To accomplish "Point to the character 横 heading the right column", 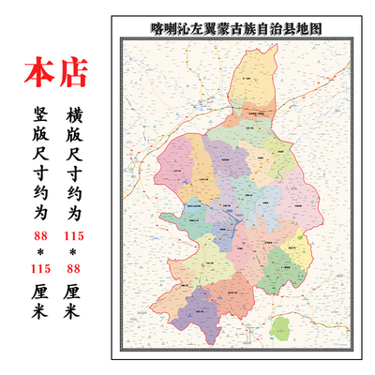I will pos(78,118).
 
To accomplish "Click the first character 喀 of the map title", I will pos(156,29).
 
